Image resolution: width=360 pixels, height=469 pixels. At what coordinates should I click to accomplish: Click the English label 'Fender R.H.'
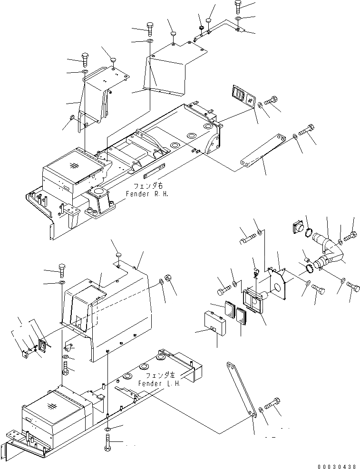(147, 194)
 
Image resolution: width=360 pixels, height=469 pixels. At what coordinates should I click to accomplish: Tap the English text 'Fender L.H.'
(159, 383)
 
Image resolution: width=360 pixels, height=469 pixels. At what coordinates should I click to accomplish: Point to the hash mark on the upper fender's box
(73, 166)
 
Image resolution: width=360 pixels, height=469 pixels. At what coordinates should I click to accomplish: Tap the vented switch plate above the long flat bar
(244, 96)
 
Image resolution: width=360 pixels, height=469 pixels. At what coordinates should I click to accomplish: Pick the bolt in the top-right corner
(238, 6)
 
